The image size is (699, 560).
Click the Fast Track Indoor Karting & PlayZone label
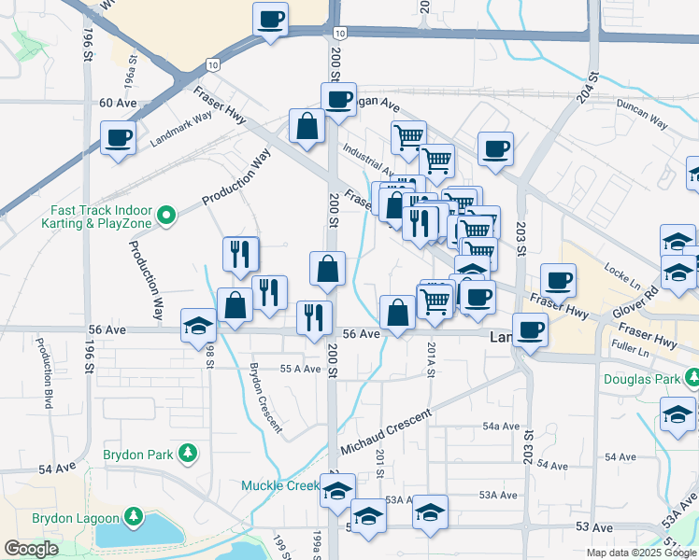98,217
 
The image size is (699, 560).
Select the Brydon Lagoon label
76,517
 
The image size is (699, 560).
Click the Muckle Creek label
280,485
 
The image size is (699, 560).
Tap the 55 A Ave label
301,369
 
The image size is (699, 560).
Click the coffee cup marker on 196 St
119,138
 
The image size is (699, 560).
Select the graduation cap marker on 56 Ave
198,326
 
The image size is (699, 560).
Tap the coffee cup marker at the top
271,19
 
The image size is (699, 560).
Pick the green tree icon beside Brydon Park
189,454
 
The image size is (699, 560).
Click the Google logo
31,549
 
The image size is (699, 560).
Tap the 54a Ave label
501,426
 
